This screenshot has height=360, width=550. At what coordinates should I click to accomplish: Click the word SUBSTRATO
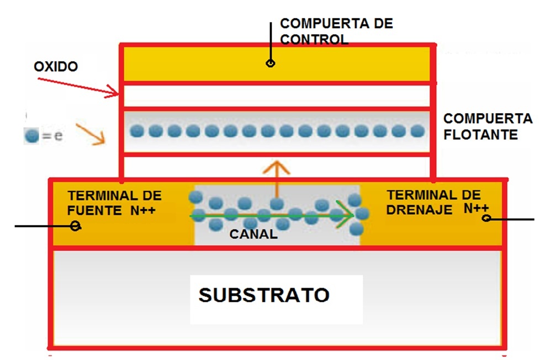click(264, 295)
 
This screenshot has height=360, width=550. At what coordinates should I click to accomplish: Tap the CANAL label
click(253, 234)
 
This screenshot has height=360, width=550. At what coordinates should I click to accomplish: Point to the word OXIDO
click(56, 67)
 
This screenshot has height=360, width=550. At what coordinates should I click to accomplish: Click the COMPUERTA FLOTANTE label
click(488, 126)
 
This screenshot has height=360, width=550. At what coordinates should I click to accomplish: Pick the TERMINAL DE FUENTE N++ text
click(114, 203)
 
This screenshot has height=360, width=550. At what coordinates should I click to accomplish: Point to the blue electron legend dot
click(31, 136)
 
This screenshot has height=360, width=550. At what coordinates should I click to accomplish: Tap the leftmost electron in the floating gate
click(137, 131)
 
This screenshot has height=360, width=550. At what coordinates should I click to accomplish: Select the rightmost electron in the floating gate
click(418, 131)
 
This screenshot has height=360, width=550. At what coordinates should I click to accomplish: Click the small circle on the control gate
click(270, 63)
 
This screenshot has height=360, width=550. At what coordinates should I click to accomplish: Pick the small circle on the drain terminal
click(486, 219)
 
